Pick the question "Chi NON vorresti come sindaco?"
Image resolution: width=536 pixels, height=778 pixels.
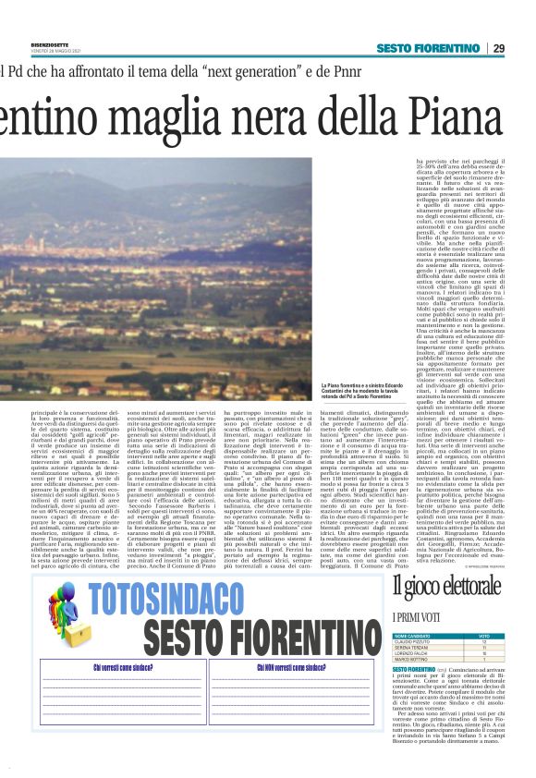pos(295,667)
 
